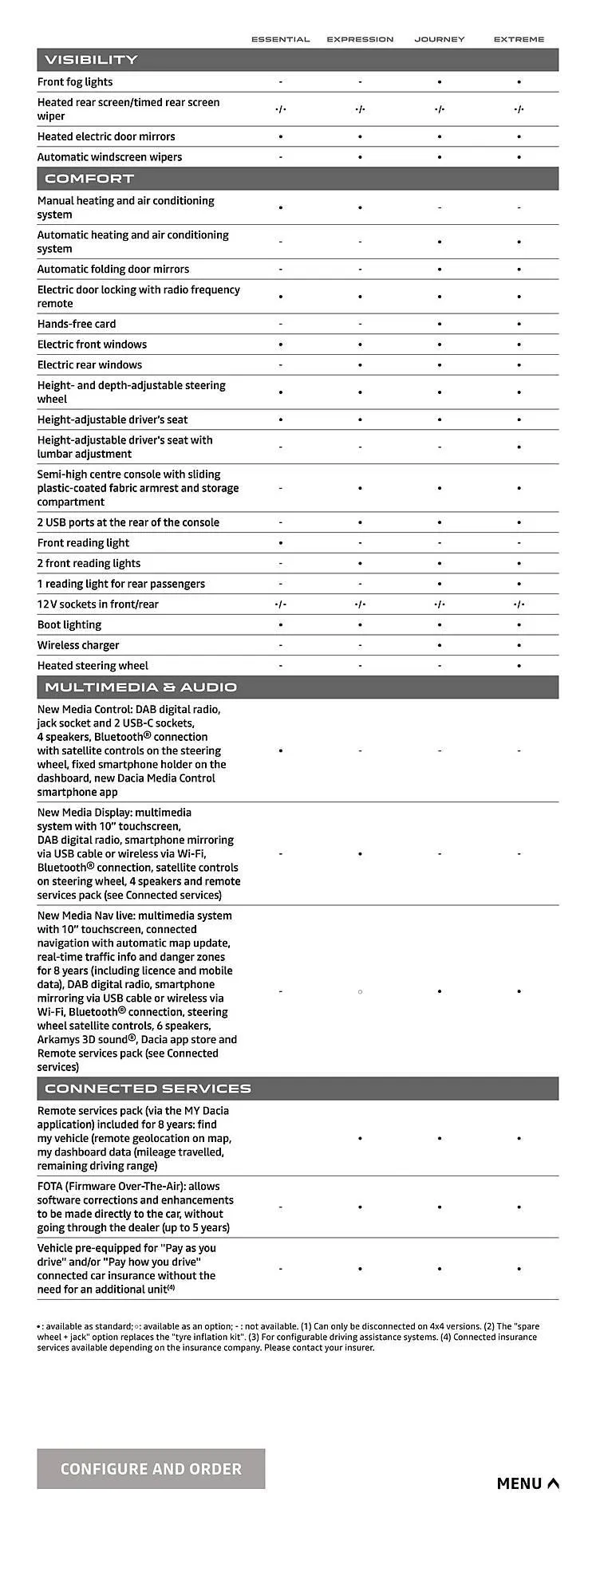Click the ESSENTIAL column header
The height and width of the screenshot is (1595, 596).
(280, 39)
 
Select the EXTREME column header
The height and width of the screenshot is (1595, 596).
(519, 39)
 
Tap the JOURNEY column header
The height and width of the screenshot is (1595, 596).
(439, 39)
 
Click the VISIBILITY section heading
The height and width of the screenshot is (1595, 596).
(91, 60)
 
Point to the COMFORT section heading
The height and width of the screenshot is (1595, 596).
(89, 179)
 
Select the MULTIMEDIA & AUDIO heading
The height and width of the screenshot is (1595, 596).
(140, 687)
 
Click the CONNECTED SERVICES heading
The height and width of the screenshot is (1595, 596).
(148, 1089)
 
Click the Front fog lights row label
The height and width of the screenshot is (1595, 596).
(75, 82)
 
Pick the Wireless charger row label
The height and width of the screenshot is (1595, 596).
(78, 645)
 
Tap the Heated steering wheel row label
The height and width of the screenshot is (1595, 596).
(93, 666)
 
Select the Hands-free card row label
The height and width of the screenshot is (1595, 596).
(77, 324)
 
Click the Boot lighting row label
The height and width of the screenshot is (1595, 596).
(69, 624)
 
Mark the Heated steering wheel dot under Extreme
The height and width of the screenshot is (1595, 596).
(519, 666)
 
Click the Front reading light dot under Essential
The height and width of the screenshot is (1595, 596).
(280, 543)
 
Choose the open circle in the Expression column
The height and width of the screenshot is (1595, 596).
(360, 991)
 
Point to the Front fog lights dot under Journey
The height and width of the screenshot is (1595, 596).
(440, 82)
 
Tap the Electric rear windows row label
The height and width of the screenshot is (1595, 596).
(89, 365)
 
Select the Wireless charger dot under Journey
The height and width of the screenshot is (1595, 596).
(440, 645)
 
